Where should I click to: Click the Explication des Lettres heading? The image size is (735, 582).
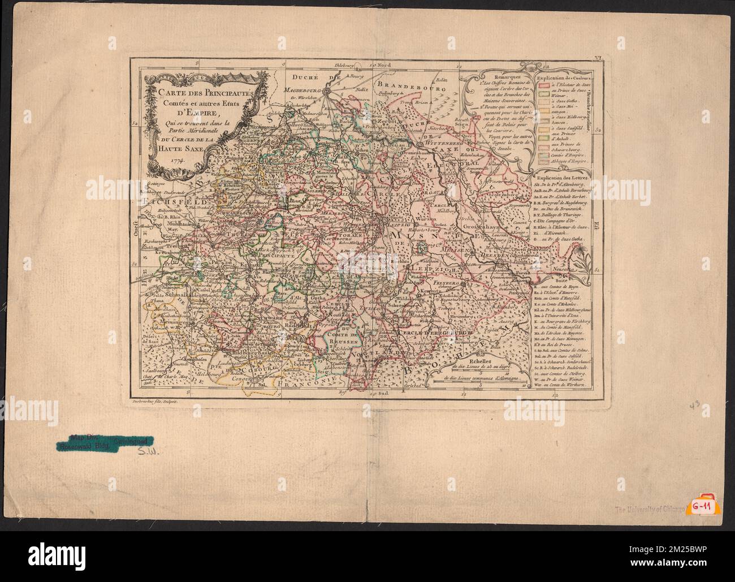click(563, 178)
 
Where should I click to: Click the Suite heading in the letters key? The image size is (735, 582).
click(563, 279)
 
